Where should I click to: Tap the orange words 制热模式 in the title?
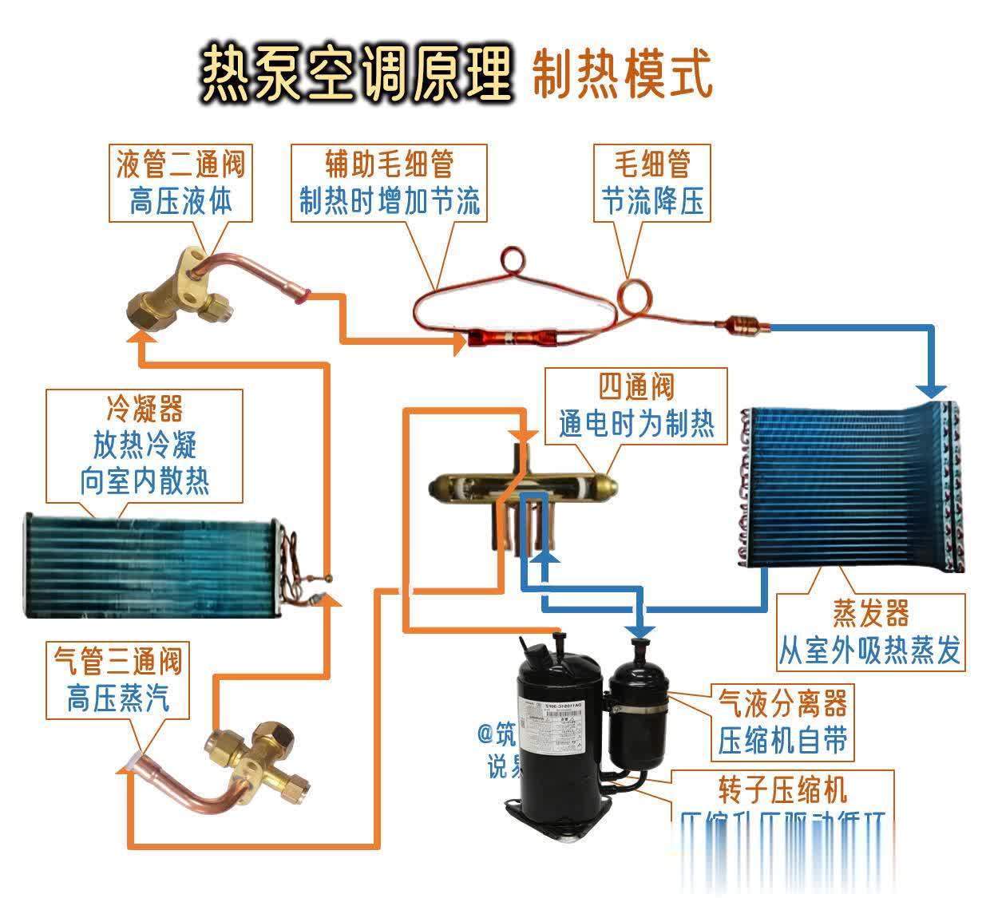tap(620, 74)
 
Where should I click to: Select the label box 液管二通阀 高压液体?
tap(180, 183)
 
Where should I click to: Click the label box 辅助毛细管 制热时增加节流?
tap(389, 183)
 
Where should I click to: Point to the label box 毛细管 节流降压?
tap(652, 183)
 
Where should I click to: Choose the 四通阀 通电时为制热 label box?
tap(636, 405)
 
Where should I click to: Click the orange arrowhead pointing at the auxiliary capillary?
tap(460, 343)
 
